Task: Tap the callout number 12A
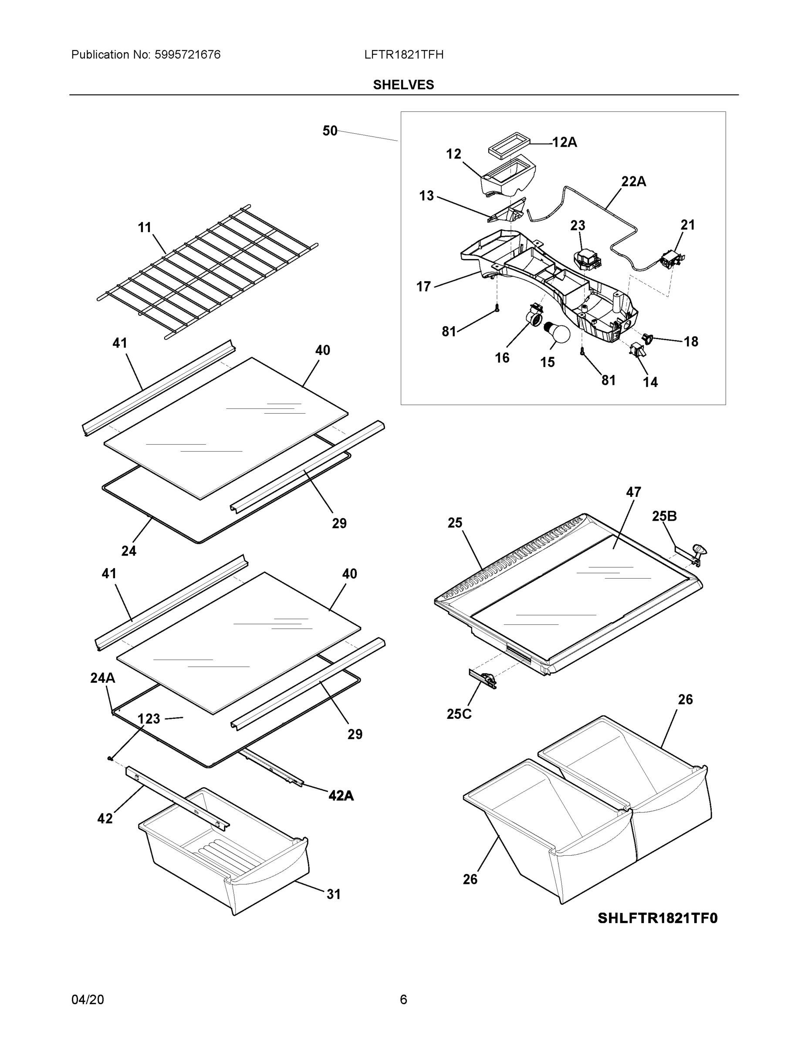click(x=565, y=142)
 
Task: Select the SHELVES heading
click(x=403, y=85)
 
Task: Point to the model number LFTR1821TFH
click(x=403, y=55)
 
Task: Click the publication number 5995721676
click(x=187, y=55)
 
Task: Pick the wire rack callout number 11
click(x=145, y=228)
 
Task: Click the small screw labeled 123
click(x=110, y=758)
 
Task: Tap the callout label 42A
click(x=341, y=795)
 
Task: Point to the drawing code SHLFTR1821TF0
click(x=657, y=918)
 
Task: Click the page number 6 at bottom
click(x=403, y=1000)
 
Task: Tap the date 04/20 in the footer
click(x=88, y=1000)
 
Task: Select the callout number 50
click(x=330, y=131)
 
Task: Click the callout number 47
click(x=633, y=492)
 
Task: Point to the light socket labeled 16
click(x=536, y=316)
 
